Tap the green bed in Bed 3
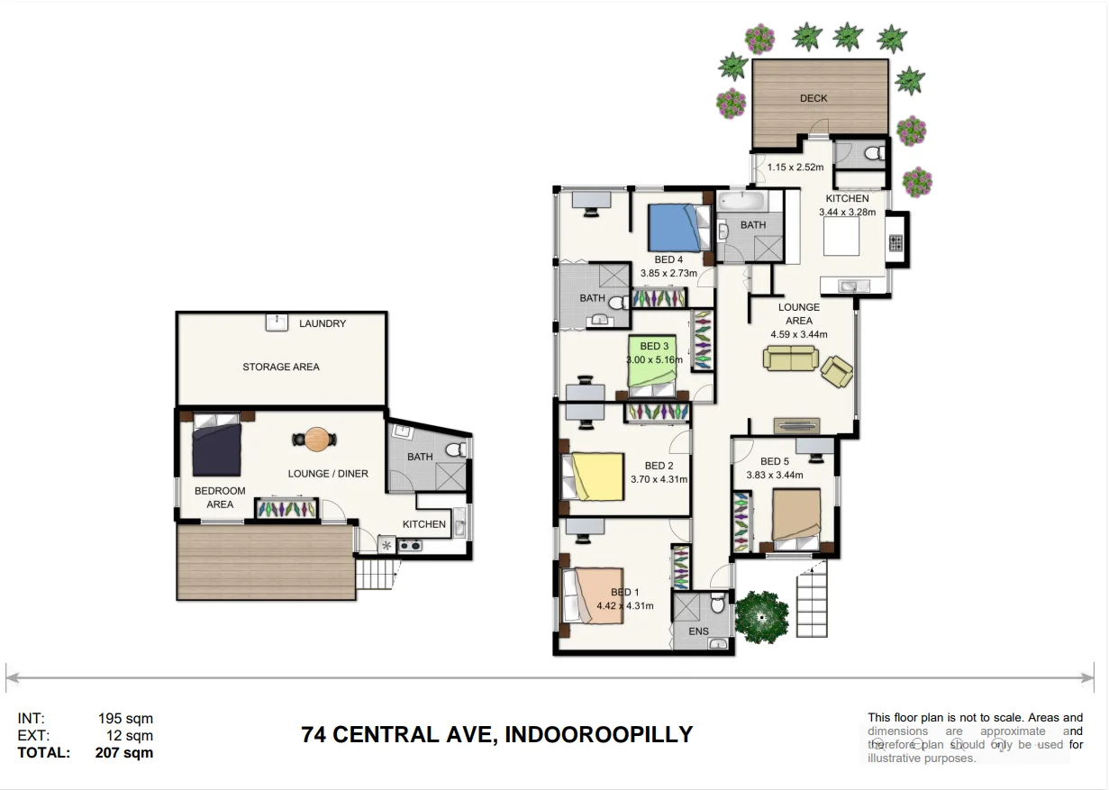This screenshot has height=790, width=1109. tap(652, 362)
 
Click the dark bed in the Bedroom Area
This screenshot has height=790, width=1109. tap(216, 448)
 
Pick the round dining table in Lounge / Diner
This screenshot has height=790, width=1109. tap(316, 440)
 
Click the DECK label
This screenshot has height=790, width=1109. tap(813, 98)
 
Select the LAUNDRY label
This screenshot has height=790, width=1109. tap(322, 323)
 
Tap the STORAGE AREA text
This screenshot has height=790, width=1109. tap(280, 367)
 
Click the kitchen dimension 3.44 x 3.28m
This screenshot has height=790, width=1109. tap(847, 213)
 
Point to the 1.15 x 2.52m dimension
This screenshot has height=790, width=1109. tap(795, 167)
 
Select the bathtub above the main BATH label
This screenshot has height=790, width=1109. tap(740, 199)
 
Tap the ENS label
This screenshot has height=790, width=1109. tap(699, 631)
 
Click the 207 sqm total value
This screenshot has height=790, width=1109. tap(124, 753)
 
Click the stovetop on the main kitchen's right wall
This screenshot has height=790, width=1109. tap(896, 242)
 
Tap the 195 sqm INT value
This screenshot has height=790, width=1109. tap(125, 719)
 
